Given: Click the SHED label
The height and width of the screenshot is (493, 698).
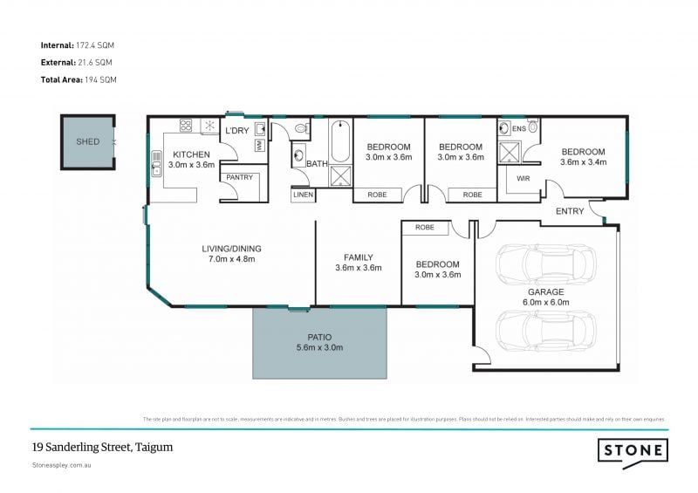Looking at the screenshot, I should click(88, 141).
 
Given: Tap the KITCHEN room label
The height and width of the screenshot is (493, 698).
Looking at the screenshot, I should click(190, 154).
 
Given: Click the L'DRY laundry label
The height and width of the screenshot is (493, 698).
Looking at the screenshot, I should click(237, 131).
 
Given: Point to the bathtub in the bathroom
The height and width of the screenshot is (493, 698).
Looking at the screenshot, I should click(339, 141).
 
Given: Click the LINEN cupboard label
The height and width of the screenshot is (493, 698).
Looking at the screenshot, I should click(303, 195).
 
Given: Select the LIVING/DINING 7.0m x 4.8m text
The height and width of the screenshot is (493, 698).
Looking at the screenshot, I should click(230, 254).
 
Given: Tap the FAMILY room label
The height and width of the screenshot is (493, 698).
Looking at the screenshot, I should click(358, 263).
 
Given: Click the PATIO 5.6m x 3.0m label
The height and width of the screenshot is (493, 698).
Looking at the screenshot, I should click(319, 342).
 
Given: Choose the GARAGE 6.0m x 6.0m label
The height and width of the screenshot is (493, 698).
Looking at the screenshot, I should click(545, 298).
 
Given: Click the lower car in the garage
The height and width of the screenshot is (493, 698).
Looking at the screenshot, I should click(545, 330).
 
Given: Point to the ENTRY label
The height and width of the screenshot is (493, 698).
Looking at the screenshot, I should click(570, 212).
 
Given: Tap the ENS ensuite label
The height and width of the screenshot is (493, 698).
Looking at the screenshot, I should click(519, 129).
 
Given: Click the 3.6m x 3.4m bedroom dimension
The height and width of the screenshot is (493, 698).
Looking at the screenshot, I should click(583, 162).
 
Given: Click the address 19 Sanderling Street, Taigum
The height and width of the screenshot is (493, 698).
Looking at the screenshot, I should click(102, 447).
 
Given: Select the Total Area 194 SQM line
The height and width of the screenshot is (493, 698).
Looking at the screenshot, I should click(79, 79).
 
